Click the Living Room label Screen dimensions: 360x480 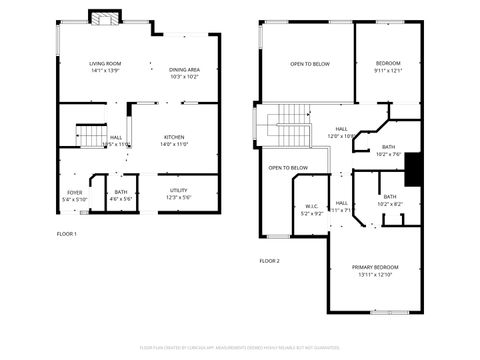[x=104, y=64]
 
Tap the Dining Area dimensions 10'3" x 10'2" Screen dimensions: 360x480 [x=184, y=76]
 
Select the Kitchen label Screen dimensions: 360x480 [x=175, y=137]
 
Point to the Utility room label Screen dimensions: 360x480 [x=178, y=190]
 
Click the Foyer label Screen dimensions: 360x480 [x=75, y=192]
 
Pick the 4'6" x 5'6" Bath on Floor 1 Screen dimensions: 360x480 [x=121, y=197]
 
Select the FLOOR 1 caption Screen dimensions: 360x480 [x=66, y=233]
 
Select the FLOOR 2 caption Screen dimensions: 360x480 [x=269, y=260]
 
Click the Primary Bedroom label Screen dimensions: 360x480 [x=375, y=267]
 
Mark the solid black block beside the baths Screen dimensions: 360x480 [x=417, y=169]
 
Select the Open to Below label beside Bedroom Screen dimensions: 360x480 [x=309, y=64]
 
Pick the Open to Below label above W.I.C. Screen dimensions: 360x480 [x=287, y=168]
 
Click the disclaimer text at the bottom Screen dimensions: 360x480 [x=240, y=346]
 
